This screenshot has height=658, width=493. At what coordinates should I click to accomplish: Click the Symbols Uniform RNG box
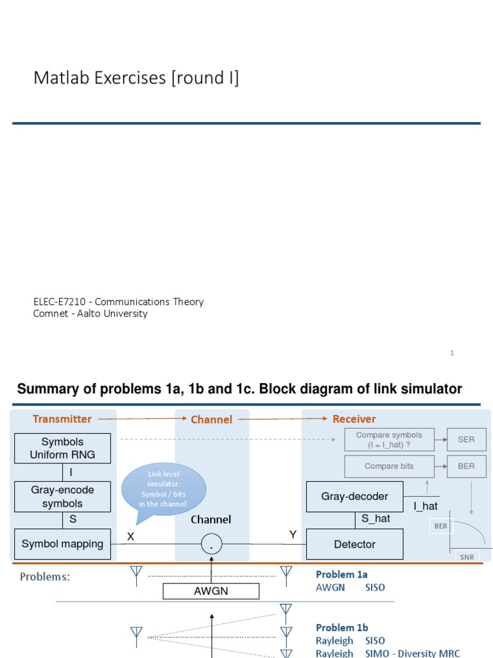tap(62, 449)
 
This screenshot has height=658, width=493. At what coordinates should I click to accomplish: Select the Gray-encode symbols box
tap(62, 497)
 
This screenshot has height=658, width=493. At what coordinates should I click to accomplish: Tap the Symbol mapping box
tap(62, 544)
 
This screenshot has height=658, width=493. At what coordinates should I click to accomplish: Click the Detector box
tap(354, 544)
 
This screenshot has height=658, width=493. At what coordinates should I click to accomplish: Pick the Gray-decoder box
tap(354, 497)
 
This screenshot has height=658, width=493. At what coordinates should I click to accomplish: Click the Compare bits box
tap(389, 467)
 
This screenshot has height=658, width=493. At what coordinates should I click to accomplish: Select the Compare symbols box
tap(389, 440)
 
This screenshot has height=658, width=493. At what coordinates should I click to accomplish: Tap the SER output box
tap(466, 440)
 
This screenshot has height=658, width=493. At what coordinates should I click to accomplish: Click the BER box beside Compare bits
tap(466, 467)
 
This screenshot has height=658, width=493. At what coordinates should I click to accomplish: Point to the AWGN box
tap(211, 591)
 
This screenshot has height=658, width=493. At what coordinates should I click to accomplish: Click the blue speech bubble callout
tap(164, 489)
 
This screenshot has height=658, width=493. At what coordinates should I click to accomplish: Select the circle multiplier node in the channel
tap(211, 545)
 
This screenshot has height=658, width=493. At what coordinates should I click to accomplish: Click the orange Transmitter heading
tap(62, 419)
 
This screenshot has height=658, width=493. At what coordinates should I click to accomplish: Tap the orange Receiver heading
tap(354, 419)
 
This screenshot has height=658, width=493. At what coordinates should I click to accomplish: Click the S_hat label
tap(376, 519)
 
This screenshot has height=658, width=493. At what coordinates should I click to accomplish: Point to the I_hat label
tap(425, 506)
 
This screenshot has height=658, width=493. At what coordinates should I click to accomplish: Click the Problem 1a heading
tap(342, 574)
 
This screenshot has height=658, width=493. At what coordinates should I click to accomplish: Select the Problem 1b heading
tap(342, 628)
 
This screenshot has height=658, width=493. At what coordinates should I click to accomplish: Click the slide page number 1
tap(452, 353)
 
